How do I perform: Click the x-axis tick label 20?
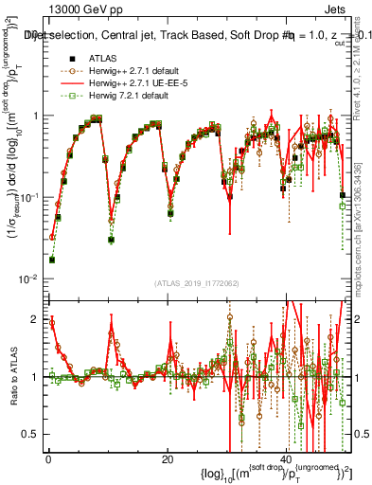(x=168, y=458)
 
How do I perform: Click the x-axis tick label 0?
(x=47, y=458)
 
